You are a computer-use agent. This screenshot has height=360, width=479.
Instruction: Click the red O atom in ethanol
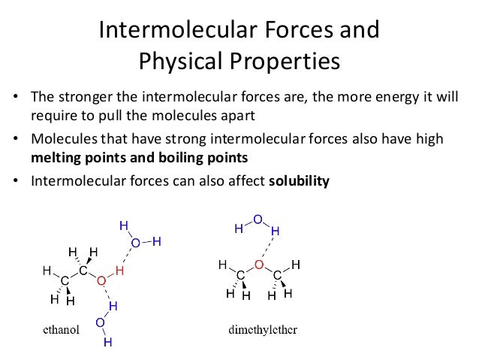pyautogui.click(x=100, y=280)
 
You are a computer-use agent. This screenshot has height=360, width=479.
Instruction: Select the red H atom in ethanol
pyautogui.click(x=119, y=270)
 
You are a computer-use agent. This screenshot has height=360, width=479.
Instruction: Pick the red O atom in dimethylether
pyautogui.click(x=258, y=265)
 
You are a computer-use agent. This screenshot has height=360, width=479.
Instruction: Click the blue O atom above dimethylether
pyautogui.click(x=257, y=219)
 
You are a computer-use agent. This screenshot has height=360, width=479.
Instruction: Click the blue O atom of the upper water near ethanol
pyautogui.click(x=136, y=242)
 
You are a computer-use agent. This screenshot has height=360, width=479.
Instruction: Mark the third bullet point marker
pyautogui.click(x=14, y=180)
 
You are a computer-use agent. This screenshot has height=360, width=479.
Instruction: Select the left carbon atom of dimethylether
pyautogui.click(x=240, y=276)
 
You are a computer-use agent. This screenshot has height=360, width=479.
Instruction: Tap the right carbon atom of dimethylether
pyautogui.click(x=277, y=276)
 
